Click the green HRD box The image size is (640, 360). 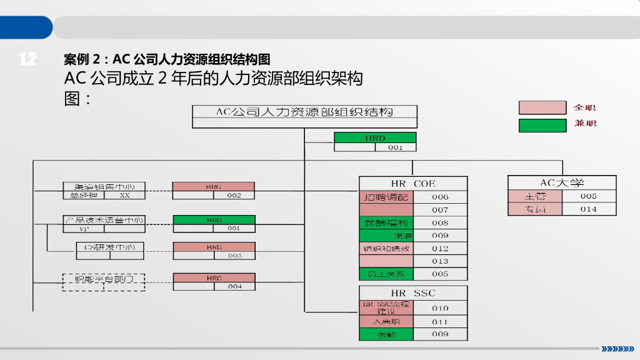(375, 138)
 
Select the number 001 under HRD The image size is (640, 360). (396, 147)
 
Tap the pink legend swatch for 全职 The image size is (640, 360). (542, 107)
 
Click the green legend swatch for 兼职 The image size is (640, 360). (542, 125)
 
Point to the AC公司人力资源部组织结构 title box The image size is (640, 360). (304, 112)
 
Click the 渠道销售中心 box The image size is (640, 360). (104, 186)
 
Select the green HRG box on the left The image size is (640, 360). (214, 220)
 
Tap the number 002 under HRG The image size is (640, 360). (234, 196)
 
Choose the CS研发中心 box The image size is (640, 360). (104, 247)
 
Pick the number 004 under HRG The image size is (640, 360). (234, 287)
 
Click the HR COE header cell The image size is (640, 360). (413, 184)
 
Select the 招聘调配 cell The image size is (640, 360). (386, 197)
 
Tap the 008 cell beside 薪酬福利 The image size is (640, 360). (440, 222)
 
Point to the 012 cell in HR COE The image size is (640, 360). (440, 248)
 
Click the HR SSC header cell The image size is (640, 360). (413, 292)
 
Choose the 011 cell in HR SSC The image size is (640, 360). (440, 322)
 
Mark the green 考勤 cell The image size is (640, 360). (386, 334)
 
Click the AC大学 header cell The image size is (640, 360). (562, 183)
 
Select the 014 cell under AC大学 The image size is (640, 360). (589, 209)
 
